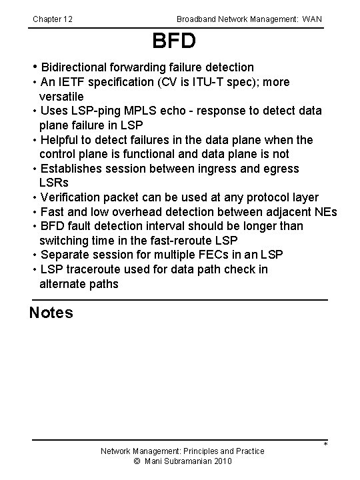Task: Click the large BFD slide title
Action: (174, 41)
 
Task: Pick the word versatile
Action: (61, 96)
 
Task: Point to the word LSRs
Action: (53, 183)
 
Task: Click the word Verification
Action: (72, 197)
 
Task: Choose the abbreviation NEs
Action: (327, 212)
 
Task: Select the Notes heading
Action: (51, 312)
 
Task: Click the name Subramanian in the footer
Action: (189, 461)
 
